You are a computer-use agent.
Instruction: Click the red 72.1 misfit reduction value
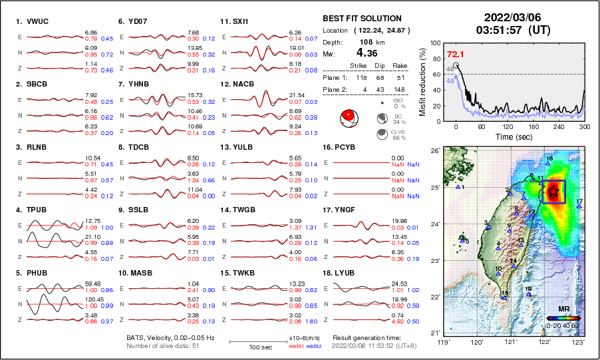tap(455, 54)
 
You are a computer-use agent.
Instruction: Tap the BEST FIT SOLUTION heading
tap(362, 19)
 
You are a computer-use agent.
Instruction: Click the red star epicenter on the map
tap(553, 192)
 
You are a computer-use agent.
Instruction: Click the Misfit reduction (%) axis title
tap(422, 82)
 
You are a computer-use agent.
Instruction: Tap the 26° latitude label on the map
tap(433, 151)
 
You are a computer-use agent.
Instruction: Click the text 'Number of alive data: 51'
tap(164, 345)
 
